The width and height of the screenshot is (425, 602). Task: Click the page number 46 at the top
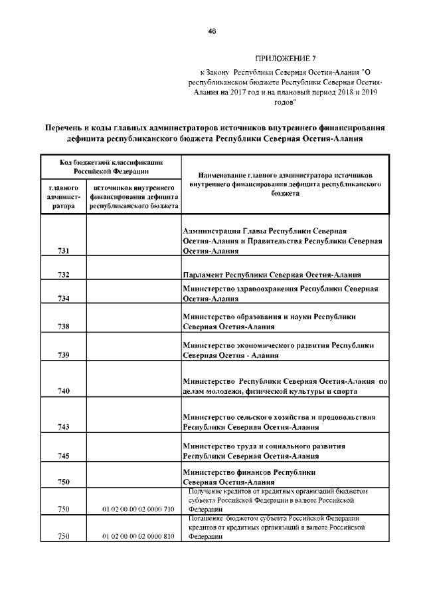coord(212,31)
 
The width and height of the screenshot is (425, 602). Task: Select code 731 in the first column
coord(64,251)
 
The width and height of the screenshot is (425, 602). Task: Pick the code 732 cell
coord(64,275)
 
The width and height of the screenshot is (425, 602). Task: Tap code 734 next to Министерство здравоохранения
coord(64,299)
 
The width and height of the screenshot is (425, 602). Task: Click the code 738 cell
coord(64,327)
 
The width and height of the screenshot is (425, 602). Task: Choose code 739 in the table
coord(64,355)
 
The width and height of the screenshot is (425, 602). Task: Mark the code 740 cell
coord(64,391)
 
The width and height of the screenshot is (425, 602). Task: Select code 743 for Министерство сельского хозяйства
coord(64,427)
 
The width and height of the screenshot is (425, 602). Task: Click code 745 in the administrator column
coord(64,456)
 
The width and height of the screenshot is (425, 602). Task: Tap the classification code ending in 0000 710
coord(138,509)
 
